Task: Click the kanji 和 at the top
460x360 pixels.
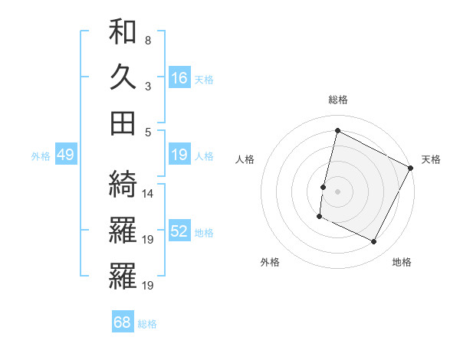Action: point(123,32)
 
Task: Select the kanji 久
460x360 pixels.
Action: point(123,77)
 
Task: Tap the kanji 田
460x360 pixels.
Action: point(123,122)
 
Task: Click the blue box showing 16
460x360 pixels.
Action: point(179,77)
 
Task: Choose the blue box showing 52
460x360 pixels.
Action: point(179,232)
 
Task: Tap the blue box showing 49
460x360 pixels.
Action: point(65,155)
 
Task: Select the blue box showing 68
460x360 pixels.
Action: point(123,322)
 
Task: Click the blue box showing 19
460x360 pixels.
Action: point(179,155)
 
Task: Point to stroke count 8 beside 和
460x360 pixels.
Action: point(147,40)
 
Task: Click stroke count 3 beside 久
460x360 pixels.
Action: point(147,86)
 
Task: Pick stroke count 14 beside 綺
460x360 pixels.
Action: point(148,193)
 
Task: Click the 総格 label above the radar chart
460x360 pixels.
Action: point(338,100)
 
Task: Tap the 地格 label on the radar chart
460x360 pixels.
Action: point(402,262)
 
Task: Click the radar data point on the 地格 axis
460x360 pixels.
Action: point(374,242)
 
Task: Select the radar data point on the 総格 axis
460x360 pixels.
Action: point(338,131)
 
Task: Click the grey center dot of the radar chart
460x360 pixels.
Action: point(338,191)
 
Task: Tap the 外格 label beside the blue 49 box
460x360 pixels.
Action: point(41,155)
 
